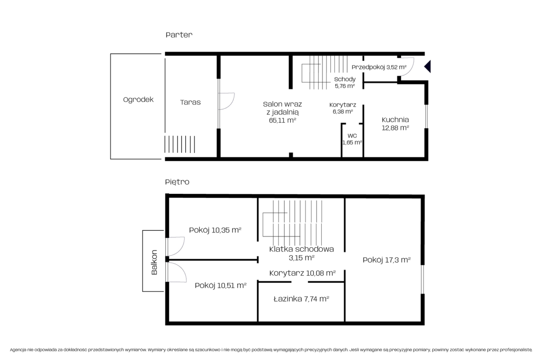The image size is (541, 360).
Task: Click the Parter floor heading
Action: click(x=179, y=35)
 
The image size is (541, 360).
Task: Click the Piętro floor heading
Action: click(x=177, y=182)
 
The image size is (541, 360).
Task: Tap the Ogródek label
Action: click(x=138, y=99)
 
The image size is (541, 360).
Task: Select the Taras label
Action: click(x=190, y=102)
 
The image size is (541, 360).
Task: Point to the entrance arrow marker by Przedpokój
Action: click(x=428, y=67)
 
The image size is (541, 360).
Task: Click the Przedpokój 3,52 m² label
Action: click(x=379, y=67)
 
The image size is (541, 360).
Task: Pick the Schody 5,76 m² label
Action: click(x=345, y=83)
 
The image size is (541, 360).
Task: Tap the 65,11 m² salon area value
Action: click(x=283, y=120)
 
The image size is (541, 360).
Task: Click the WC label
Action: click(x=352, y=136)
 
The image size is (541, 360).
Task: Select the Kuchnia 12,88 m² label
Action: click(x=395, y=124)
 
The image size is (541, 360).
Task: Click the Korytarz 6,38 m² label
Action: click(x=343, y=108)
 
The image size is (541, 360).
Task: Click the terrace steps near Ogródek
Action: click(x=180, y=144)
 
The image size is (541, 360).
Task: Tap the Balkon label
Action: click(x=154, y=262)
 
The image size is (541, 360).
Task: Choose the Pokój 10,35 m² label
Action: click(x=215, y=230)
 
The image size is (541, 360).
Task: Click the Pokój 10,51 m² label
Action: click(x=221, y=286)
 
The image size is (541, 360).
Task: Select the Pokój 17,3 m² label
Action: click(x=387, y=260)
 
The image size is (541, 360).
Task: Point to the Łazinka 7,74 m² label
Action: click(x=301, y=299)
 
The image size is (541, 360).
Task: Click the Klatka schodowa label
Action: click(x=301, y=249)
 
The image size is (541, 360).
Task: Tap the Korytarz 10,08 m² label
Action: click(x=302, y=273)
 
